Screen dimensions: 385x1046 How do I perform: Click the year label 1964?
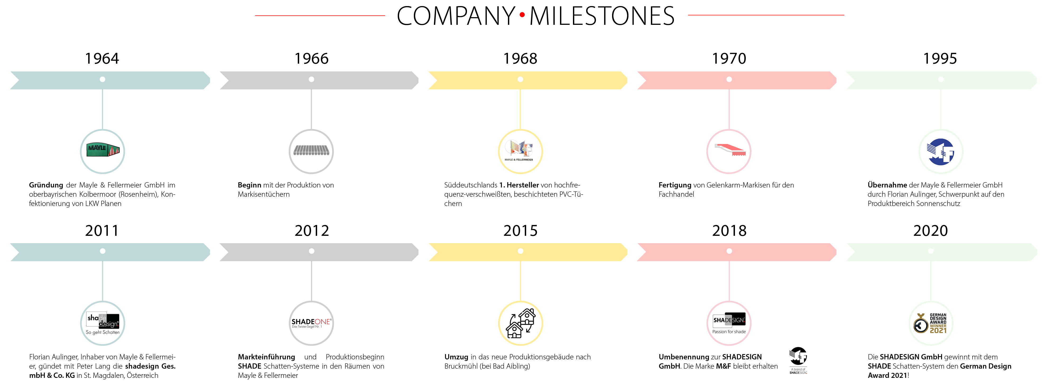(x=102, y=58)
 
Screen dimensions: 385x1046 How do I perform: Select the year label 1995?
(x=940, y=58)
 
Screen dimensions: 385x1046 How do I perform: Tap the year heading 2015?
(x=520, y=231)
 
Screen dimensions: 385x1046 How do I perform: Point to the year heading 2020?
(x=930, y=231)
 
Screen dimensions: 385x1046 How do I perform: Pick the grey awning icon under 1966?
(x=311, y=151)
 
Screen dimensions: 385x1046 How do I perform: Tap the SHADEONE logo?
(x=311, y=323)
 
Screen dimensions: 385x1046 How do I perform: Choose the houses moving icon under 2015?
(x=521, y=323)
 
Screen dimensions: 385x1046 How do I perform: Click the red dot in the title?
(x=522, y=15)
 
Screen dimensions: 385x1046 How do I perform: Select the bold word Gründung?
(x=46, y=185)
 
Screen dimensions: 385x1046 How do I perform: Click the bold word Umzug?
(x=456, y=357)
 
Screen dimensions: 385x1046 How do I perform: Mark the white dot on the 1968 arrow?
(x=520, y=79)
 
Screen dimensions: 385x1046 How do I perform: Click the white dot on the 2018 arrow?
(x=729, y=251)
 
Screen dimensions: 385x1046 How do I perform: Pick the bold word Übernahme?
(x=887, y=185)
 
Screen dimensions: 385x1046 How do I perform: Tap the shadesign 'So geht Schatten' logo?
(x=103, y=323)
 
